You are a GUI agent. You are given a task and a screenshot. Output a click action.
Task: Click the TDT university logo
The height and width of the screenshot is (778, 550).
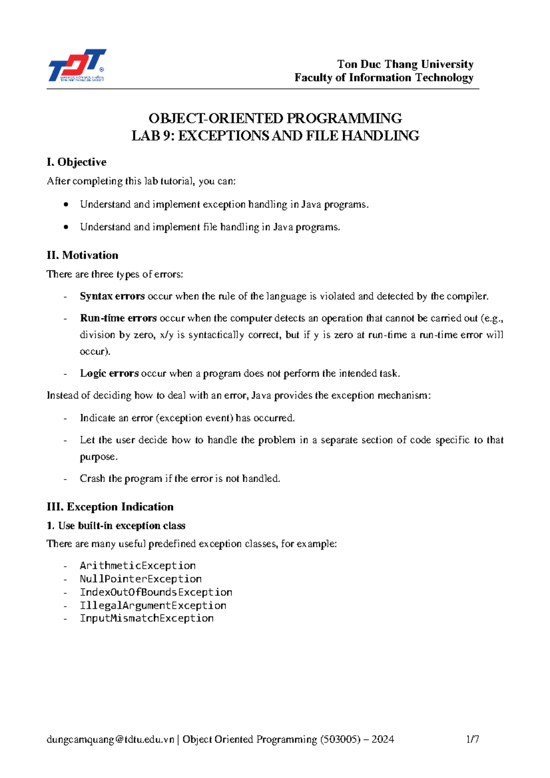click(77, 66)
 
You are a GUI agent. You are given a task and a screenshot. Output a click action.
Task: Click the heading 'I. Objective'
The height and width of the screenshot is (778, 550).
click(77, 162)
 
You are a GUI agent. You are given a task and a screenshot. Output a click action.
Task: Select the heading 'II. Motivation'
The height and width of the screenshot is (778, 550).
click(82, 255)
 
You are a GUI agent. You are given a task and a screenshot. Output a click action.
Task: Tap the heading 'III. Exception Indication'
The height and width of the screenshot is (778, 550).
click(110, 507)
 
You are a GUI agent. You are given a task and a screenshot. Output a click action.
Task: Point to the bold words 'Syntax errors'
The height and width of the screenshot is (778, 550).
click(112, 296)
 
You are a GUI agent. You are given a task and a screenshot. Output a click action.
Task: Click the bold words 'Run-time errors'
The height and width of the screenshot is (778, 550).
click(118, 318)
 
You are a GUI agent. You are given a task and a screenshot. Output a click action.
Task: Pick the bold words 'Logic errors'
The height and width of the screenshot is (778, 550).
click(109, 373)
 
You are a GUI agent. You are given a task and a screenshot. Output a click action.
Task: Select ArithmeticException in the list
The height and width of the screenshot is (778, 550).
click(137, 566)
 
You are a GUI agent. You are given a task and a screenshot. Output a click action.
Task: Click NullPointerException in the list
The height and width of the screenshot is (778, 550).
click(141, 579)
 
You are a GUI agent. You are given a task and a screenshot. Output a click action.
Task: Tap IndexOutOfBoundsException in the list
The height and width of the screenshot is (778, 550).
click(156, 592)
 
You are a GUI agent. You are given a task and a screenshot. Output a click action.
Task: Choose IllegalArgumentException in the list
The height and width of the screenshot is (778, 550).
click(153, 606)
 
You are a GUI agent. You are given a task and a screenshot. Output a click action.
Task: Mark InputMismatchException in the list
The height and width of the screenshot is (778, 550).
click(147, 619)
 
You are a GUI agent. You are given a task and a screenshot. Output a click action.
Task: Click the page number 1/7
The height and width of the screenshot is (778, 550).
click(473, 740)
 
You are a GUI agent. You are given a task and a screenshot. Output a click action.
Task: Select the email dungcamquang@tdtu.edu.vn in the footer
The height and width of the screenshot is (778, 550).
click(110, 740)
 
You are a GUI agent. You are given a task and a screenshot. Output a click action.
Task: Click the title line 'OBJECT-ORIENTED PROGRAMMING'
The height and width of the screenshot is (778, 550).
click(275, 119)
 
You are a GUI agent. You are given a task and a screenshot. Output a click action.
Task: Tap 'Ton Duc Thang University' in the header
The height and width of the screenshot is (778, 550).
click(405, 64)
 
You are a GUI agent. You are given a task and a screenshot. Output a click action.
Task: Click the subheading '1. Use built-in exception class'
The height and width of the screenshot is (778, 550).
click(116, 526)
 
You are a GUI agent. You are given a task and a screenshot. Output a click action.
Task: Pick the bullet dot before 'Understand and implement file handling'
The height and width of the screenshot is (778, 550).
click(67, 227)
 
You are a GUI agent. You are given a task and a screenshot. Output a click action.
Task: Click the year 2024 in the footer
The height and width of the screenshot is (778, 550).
click(383, 740)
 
